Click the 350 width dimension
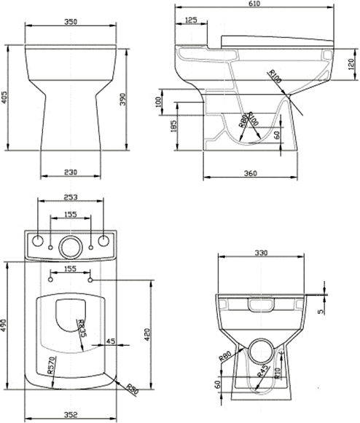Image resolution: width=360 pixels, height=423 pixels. pyautogui.click(x=70, y=23)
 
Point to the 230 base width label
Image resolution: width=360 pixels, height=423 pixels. pyautogui.click(x=70, y=173)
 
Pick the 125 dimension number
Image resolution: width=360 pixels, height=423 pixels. pyautogui.click(x=192, y=21)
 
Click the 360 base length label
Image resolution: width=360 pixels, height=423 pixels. pyautogui.click(x=250, y=173)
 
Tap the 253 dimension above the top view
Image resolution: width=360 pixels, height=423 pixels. pyautogui.click(x=71, y=197)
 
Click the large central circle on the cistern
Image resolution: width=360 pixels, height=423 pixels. pyautogui.click(x=71, y=247)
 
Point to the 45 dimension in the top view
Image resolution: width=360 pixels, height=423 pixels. pyautogui.click(x=110, y=341)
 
